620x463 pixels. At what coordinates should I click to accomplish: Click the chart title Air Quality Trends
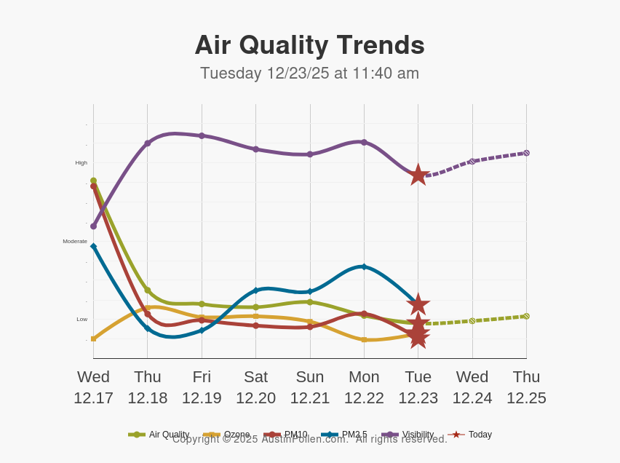pyautogui.click(x=309, y=45)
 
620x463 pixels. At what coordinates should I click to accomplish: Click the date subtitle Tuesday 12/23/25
pyautogui.click(x=309, y=74)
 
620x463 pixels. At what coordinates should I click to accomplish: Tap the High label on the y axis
pyautogui.click(x=81, y=162)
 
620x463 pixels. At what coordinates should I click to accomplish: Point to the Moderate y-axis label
pyautogui.click(x=75, y=241)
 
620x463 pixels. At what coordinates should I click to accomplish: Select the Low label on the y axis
pyautogui.click(x=82, y=319)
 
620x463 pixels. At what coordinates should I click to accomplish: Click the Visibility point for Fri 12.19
pyautogui.click(x=202, y=135)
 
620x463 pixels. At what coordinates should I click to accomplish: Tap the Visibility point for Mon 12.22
pyautogui.click(x=364, y=142)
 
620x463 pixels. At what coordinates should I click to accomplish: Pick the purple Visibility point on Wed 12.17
pyautogui.click(x=93, y=226)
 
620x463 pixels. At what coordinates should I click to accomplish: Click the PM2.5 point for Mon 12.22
pyautogui.click(x=364, y=266)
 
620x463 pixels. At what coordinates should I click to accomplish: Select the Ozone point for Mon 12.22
pyautogui.click(x=364, y=339)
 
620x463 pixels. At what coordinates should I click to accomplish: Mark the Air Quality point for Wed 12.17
pyautogui.click(x=93, y=181)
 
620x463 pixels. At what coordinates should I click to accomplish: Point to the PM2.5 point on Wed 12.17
pyautogui.click(x=93, y=246)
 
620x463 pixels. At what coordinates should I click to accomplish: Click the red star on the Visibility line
pyautogui.click(x=418, y=175)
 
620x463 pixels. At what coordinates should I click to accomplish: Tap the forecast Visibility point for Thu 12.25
pyautogui.click(x=526, y=153)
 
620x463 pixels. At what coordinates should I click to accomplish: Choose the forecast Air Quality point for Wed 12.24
pyautogui.click(x=472, y=320)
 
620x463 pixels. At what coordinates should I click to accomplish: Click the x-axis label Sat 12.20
pyautogui.click(x=255, y=387)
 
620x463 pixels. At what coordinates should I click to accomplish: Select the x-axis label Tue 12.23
pyautogui.click(x=418, y=387)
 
